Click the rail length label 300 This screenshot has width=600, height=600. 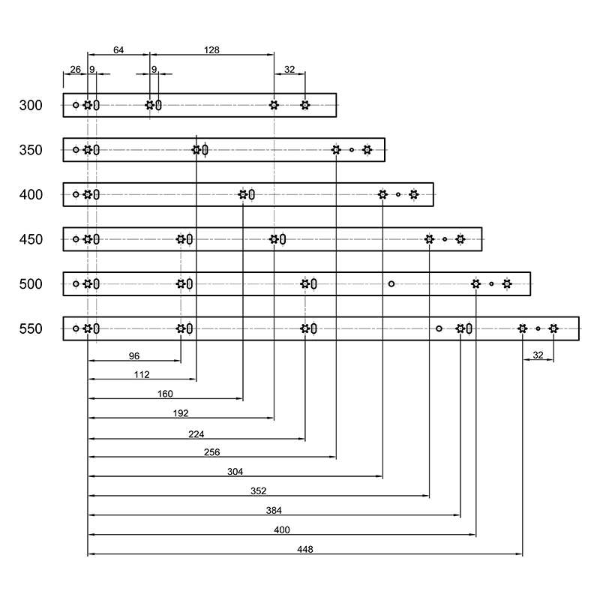[31, 105]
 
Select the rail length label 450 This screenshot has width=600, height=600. [31, 239]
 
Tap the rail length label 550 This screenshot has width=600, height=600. [31, 328]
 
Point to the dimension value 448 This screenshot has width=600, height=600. [305, 549]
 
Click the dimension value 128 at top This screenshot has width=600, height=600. [211, 50]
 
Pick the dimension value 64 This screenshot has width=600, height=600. [118, 50]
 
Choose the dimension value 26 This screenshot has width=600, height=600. [76, 69]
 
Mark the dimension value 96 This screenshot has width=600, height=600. [134, 355]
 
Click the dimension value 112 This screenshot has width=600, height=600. [142, 374]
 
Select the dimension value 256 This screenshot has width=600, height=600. [211, 452]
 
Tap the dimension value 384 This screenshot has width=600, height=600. [274, 511]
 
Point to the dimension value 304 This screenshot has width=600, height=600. [235, 472]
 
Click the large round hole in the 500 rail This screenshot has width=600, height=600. [391, 284]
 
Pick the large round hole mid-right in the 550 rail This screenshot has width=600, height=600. [439, 328]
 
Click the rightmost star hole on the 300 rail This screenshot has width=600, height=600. [305, 105]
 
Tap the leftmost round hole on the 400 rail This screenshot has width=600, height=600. [76, 194]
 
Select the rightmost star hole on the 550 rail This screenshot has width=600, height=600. [553, 328]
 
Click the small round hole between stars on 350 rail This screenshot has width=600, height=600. [352, 149]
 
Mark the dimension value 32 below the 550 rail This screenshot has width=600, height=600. [538, 355]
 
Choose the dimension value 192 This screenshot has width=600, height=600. [181, 413]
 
